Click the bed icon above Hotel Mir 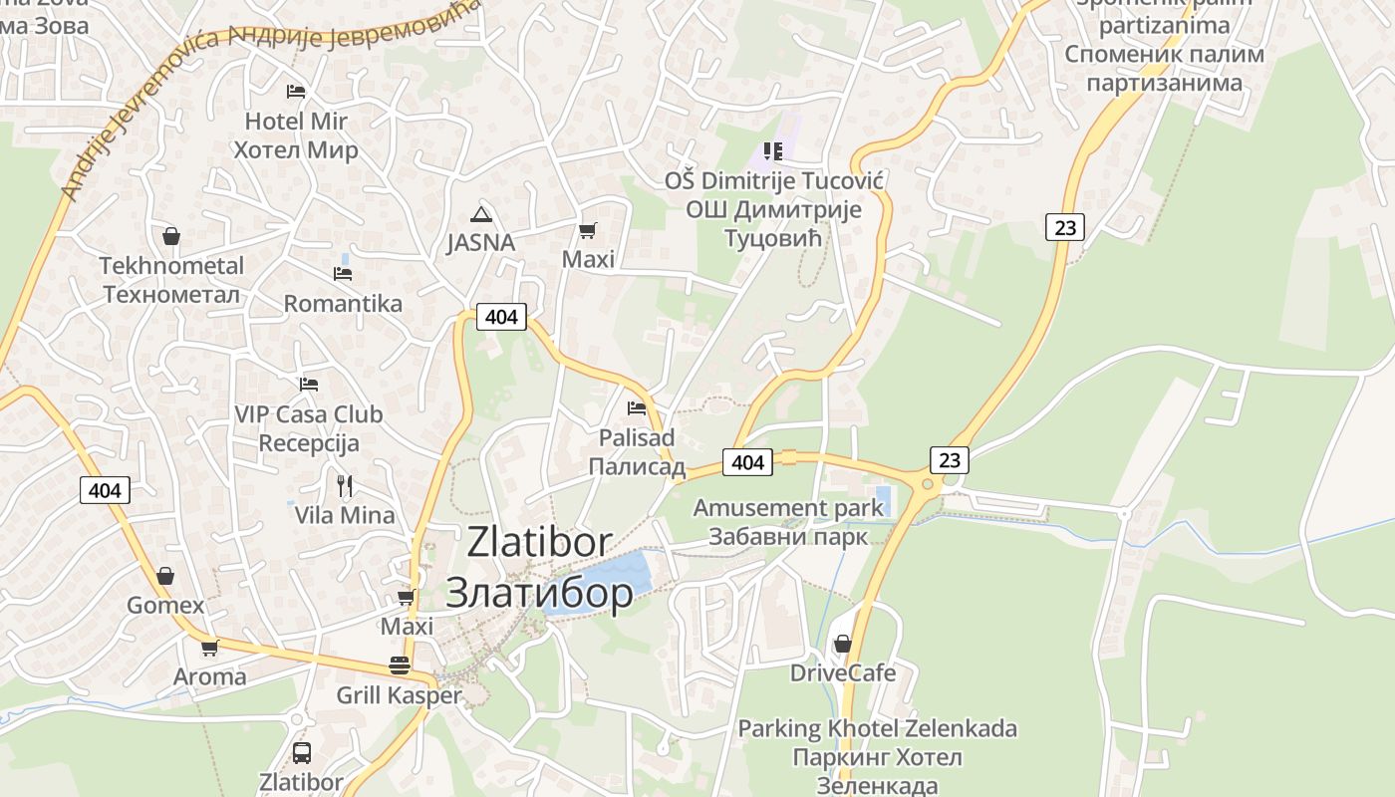pyautogui.click(x=296, y=92)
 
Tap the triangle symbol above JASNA pyautogui.click(x=481, y=214)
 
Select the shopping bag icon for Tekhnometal pyautogui.click(x=171, y=236)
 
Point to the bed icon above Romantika pyautogui.click(x=343, y=273)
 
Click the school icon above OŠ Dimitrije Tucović pyautogui.click(x=773, y=151)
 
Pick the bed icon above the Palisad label pyautogui.click(x=637, y=407)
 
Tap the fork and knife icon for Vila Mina pyautogui.click(x=345, y=486)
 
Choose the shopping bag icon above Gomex pyautogui.click(x=165, y=576)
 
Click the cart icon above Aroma pyautogui.click(x=209, y=648)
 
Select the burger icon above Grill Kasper pyautogui.click(x=400, y=665)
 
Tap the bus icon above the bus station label pyautogui.click(x=301, y=752)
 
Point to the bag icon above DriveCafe pyautogui.click(x=843, y=644)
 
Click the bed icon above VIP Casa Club pyautogui.click(x=309, y=384)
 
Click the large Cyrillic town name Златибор pyautogui.click(x=539, y=593)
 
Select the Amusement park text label pyautogui.click(x=788, y=508)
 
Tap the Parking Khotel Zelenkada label pyautogui.click(x=877, y=728)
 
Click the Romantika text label pyautogui.click(x=343, y=304)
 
